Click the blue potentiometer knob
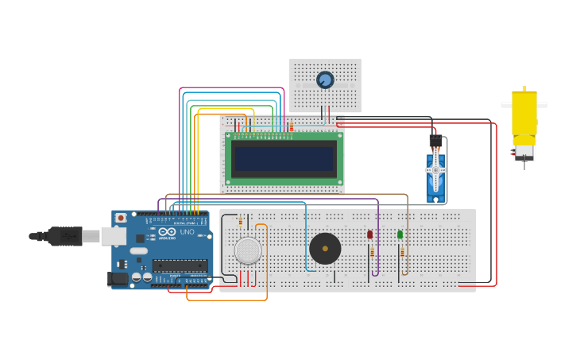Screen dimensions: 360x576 coord(325,79)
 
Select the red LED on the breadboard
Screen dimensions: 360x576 coord(369,234)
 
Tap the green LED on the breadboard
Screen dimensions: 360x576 coord(400,234)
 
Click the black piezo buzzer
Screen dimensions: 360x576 coord(325,249)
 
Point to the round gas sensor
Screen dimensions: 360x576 coord(248,250)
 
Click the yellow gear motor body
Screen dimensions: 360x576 coord(524,117)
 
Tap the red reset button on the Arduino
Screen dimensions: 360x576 coord(121,218)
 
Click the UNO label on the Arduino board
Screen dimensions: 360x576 coord(187,232)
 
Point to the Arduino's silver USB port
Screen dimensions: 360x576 coord(114,236)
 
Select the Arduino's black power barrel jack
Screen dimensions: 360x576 coord(117,279)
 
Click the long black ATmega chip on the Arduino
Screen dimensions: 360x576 coord(180,266)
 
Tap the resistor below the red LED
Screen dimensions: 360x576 coord(372,253)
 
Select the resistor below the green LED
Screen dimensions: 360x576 coord(402,253)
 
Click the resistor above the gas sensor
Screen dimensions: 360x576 coord(241,222)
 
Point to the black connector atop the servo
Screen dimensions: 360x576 coord(435,141)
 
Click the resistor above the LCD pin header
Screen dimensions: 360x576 coord(292,126)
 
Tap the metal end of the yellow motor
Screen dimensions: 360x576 coord(524,152)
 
